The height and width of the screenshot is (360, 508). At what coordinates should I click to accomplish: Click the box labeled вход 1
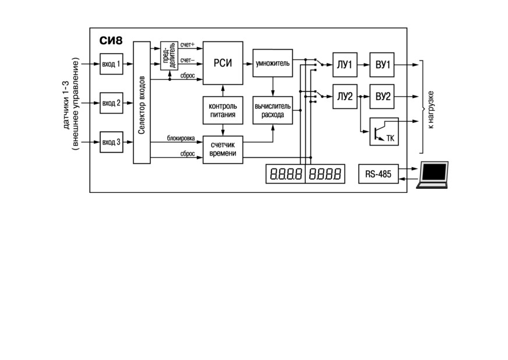pos(111,64)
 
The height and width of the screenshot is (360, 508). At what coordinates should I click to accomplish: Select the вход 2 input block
pos(111,103)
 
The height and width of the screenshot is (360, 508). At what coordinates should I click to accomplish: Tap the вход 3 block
pos(111,142)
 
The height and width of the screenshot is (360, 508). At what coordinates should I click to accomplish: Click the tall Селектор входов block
pos(142,103)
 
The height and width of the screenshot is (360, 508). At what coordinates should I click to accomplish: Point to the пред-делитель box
pos(169,56)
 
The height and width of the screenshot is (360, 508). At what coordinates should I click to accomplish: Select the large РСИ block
pos(223,63)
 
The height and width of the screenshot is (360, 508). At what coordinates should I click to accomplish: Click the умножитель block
pos(273,63)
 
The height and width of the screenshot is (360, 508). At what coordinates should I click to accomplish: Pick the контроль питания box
pos(223,110)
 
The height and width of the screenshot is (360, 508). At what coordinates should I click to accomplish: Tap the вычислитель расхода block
pos(273,110)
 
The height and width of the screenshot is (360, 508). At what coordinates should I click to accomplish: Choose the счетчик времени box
pos(223,150)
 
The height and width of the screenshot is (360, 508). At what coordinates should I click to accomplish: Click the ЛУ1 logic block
pos(345,65)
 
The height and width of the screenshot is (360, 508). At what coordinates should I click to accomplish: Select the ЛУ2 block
pos(345,97)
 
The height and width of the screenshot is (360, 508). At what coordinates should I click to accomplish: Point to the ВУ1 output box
pos(382,65)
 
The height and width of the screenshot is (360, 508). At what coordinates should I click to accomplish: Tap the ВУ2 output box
pos(382,97)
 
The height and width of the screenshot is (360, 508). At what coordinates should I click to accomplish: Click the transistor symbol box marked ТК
pos(384,132)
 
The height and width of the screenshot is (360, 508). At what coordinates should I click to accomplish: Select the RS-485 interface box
pos(379,174)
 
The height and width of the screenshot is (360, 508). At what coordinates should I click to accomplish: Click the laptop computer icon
pos(432,175)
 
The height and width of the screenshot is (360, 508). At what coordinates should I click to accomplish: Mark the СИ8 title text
pos(111,41)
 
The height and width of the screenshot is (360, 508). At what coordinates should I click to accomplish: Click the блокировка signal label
pos(181,139)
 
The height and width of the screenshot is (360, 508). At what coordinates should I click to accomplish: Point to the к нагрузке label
pos(431,110)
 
